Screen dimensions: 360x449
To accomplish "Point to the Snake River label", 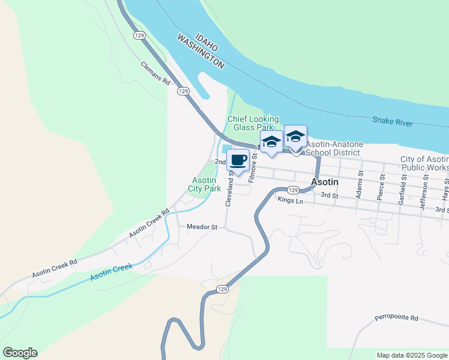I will pos(392,122).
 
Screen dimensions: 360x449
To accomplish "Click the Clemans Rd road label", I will pos(156,73).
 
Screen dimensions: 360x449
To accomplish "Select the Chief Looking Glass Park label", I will pos(255,123).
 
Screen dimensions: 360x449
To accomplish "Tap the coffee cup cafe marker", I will pos(238,160).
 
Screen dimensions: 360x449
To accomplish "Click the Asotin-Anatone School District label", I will pos(334,148).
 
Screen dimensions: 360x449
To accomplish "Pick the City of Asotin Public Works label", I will pos(424,163).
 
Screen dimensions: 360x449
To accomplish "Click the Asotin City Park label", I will pos(206,184).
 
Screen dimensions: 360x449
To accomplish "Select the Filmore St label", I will pos(253,167).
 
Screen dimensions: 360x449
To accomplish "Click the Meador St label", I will pos(202,227).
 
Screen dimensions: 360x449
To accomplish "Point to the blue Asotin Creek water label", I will pos(111,272).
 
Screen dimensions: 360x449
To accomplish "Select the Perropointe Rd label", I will pos(396,317).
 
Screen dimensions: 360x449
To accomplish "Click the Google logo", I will pos(20,353).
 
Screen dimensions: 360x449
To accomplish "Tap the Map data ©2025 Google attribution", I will pos(412,355).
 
